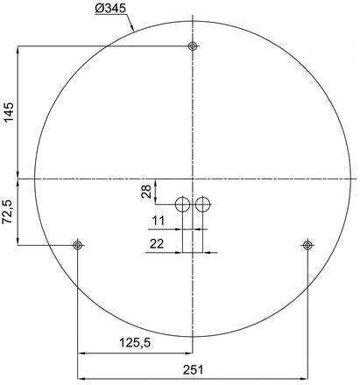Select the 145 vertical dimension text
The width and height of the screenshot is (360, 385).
pyautogui.click(x=9, y=114)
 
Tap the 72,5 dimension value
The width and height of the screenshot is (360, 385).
pyautogui.click(x=9, y=211)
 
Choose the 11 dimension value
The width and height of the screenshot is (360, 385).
pyautogui.click(x=159, y=220)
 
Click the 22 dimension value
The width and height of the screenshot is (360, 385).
pyautogui.click(x=157, y=245)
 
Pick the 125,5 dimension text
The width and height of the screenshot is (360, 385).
pyautogui.click(x=135, y=343)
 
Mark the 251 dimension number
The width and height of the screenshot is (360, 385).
pyautogui.click(x=193, y=368)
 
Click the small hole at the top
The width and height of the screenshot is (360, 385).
pyautogui.click(x=193, y=46)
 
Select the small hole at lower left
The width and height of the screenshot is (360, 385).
pyautogui.click(x=79, y=245)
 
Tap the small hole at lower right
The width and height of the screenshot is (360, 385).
pyautogui.click(x=307, y=245)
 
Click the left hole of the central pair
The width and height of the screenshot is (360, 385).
pyautogui.click(x=182, y=205)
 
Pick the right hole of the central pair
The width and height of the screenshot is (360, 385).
pyautogui.click(x=203, y=205)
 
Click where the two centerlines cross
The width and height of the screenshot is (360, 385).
pyautogui.click(x=193, y=178)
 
